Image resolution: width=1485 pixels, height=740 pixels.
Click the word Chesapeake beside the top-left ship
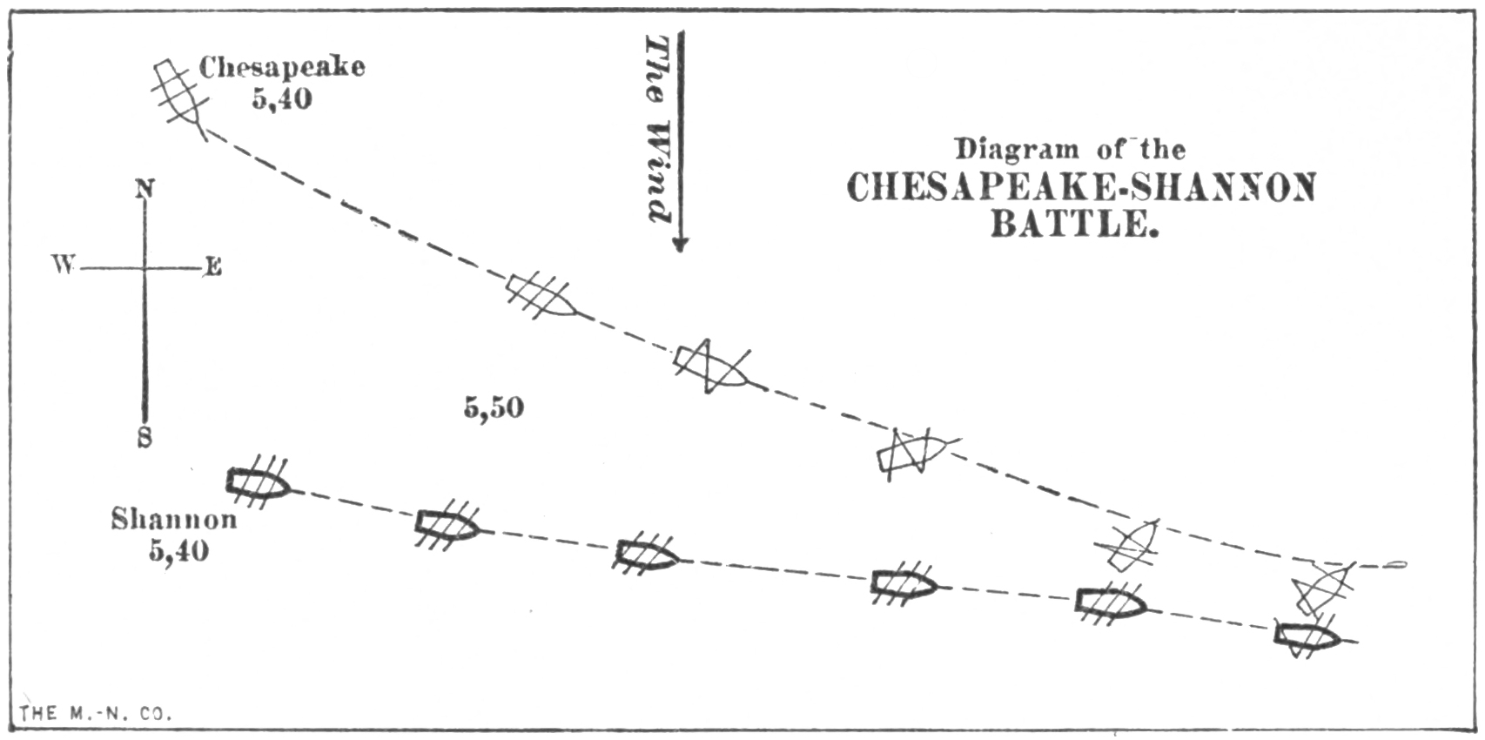tap(282, 68)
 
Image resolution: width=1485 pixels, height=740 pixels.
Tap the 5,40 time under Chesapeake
tap(282, 100)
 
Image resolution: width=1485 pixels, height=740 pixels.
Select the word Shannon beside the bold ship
tap(173, 520)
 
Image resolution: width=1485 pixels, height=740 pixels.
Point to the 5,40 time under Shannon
tap(178, 551)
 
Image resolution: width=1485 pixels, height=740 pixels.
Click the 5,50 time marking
tap(494, 407)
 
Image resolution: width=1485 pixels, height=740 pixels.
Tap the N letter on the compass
tap(144, 190)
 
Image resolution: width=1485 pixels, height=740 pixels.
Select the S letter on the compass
tap(144, 438)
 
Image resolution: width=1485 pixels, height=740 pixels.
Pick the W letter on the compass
tap(64, 266)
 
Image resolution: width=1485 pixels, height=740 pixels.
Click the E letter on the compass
tap(213, 267)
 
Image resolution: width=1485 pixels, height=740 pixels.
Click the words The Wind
tap(658, 129)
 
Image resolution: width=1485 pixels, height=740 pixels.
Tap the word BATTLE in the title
tap(1075, 225)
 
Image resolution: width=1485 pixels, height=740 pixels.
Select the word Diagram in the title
tap(1017, 149)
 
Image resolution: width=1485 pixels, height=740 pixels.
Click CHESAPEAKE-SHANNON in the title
tap(1082, 187)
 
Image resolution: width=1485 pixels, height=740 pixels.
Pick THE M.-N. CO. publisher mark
tap(96, 714)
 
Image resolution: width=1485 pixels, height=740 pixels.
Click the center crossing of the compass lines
tap(144, 268)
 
